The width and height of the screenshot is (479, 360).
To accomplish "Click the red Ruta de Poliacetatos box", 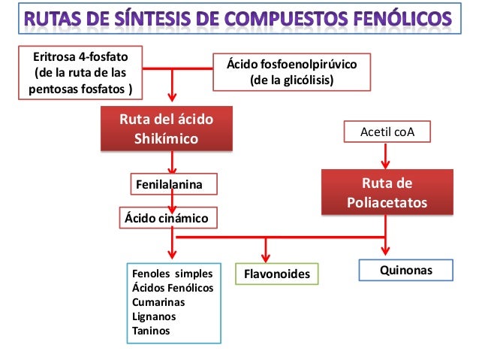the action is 387,192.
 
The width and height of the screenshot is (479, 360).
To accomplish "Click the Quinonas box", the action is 407,270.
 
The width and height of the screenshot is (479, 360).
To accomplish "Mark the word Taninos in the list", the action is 151,331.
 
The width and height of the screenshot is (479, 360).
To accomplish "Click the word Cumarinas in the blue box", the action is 158,302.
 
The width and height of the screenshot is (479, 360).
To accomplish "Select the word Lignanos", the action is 155,316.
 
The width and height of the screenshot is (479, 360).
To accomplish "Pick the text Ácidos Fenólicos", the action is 173,288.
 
